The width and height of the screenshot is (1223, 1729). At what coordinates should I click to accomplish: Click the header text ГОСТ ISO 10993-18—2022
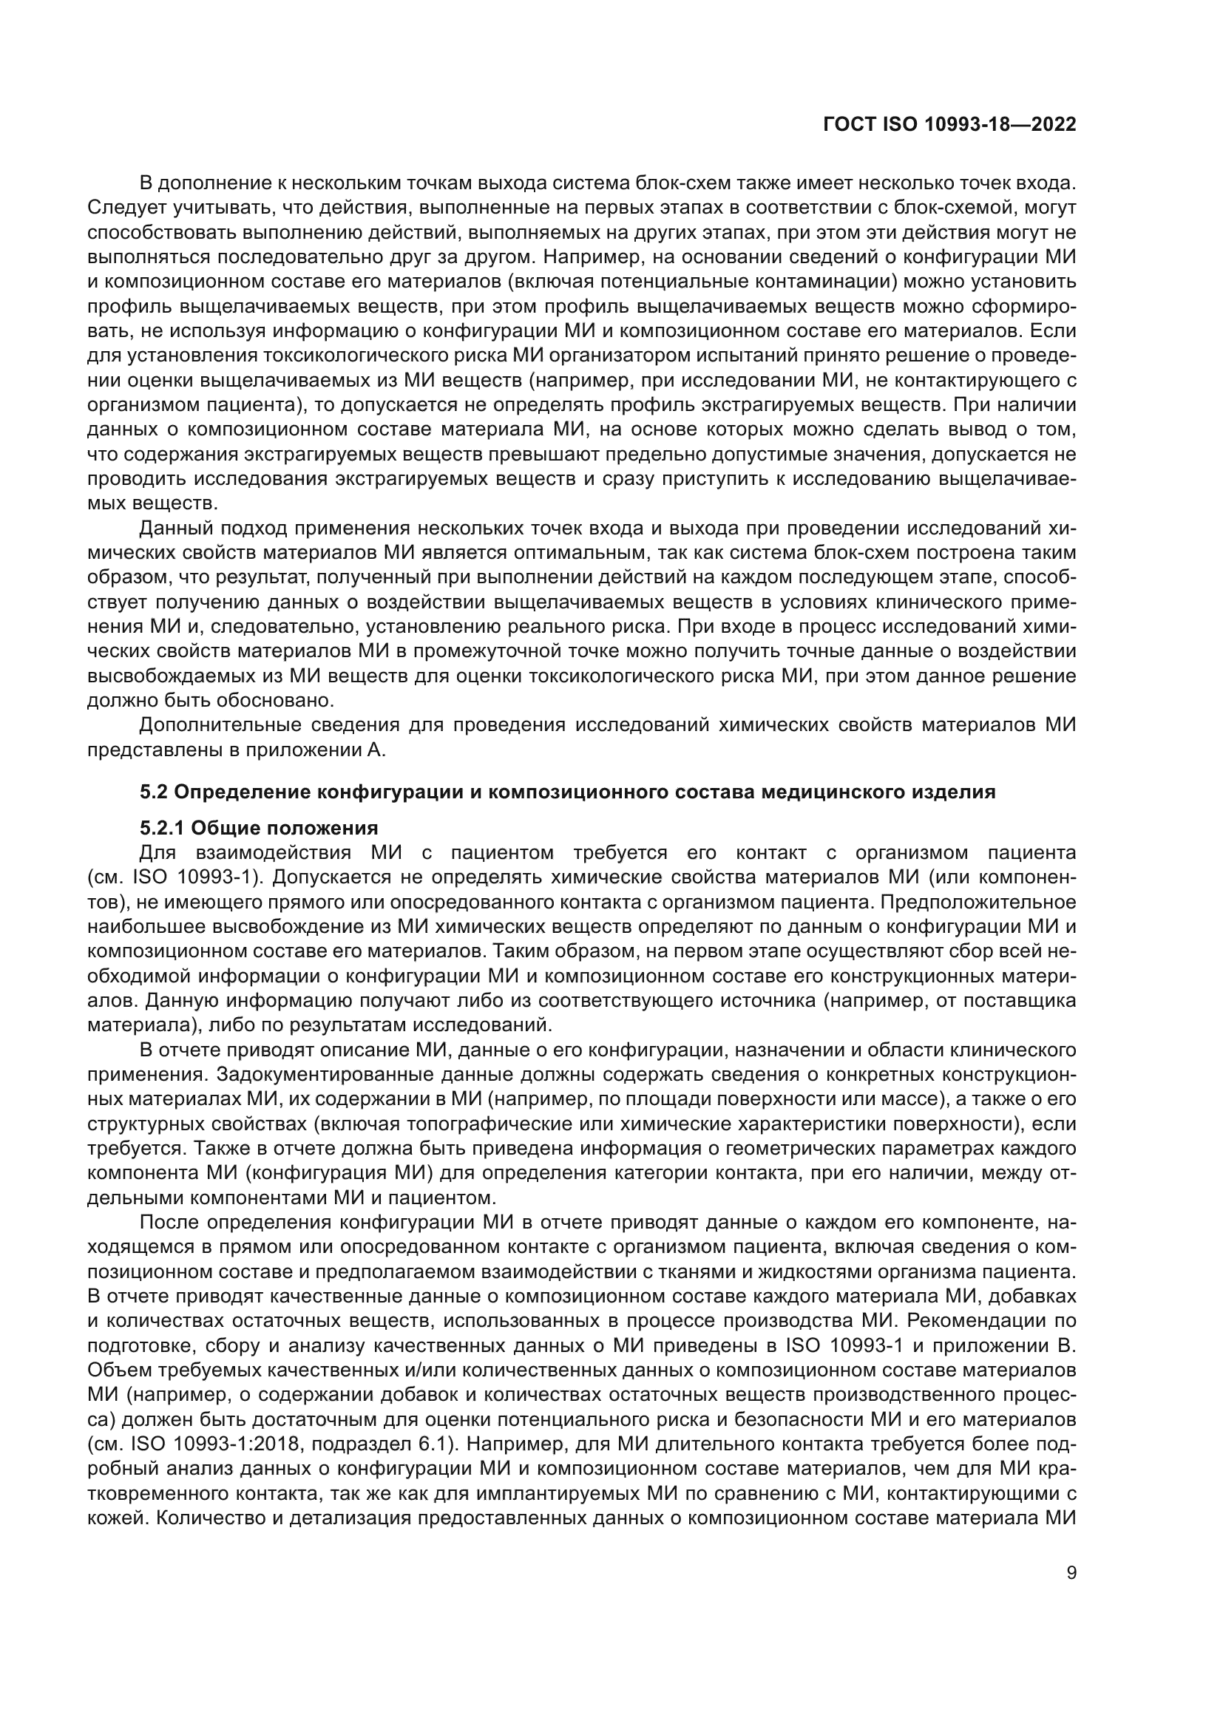pyautogui.click(x=949, y=125)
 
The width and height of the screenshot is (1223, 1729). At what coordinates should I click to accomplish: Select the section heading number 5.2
pyautogui.click(x=156, y=792)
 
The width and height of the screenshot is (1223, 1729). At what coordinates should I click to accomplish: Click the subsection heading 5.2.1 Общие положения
pyautogui.click(x=259, y=829)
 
